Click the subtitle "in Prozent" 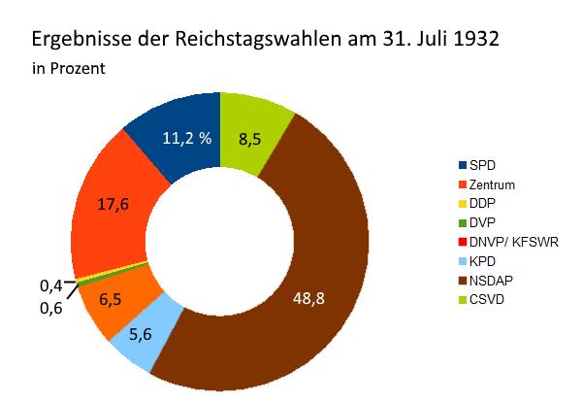coord(69,70)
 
